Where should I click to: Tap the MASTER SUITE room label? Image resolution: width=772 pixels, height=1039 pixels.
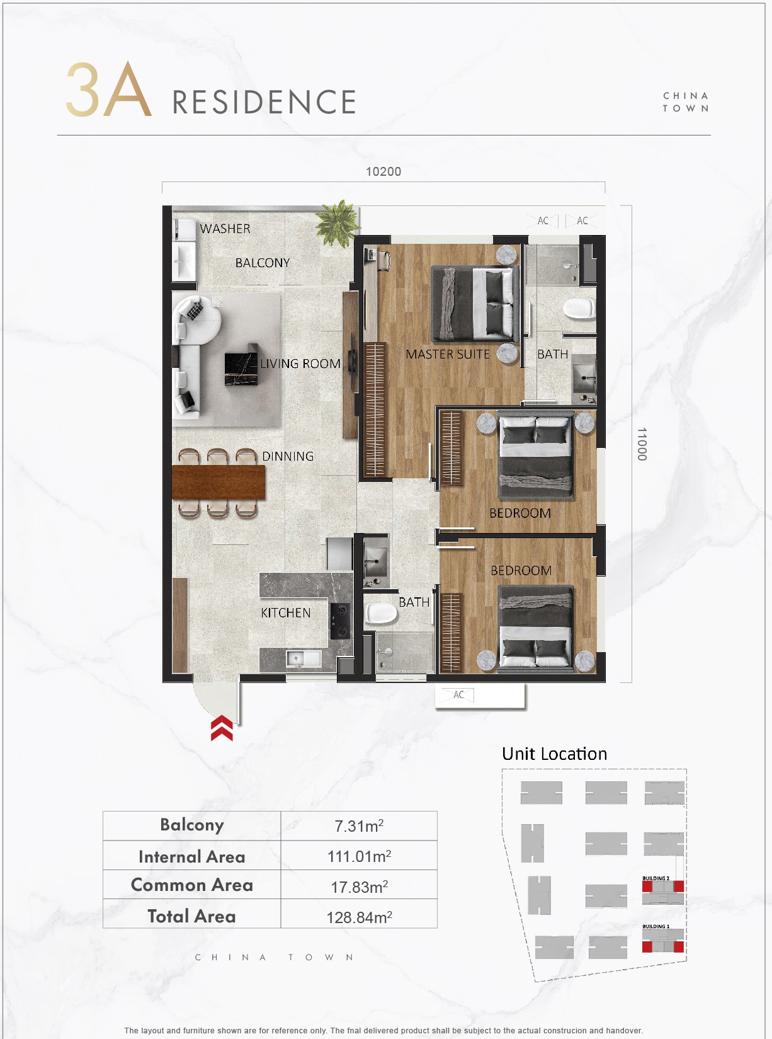click(x=447, y=354)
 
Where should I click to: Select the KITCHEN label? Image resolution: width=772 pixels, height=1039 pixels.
click(x=286, y=612)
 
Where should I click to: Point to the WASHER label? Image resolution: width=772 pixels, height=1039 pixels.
click(x=225, y=229)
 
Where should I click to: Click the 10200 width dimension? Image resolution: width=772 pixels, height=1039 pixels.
click(x=383, y=171)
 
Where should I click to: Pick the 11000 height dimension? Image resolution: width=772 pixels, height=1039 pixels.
click(x=641, y=444)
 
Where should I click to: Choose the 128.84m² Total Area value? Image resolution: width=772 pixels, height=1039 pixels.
click(x=359, y=917)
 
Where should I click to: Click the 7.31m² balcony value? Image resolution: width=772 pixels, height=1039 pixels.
click(x=359, y=826)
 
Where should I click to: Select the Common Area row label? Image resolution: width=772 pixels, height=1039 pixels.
click(x=192, y=885)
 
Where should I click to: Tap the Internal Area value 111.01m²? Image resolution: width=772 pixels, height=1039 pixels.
click(x=359, y=856)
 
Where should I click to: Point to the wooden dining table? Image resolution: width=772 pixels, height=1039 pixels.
click(x=218, y=483)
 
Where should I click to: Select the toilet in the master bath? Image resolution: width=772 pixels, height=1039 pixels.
click(x=579, y=308)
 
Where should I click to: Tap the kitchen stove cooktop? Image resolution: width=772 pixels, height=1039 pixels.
click(x=340, y=621)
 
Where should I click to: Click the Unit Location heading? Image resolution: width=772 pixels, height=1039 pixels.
click(x=554, y=754)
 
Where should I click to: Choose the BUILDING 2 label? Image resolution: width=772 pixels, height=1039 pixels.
click(x=656, y=878)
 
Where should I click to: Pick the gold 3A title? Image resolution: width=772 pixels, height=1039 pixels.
click(x=108, y=90)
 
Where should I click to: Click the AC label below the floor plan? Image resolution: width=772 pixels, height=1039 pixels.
click(x=459, y=694)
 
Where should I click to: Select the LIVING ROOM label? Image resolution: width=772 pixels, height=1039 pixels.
click(x=300, y=364)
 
